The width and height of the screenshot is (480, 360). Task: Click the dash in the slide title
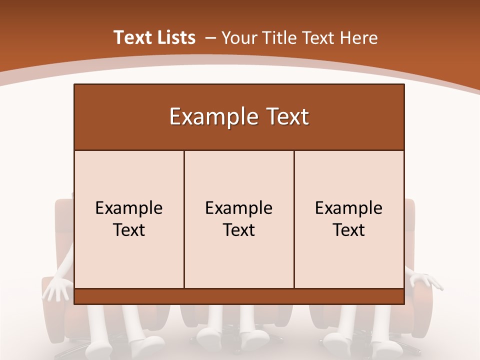click(x=210, y=38)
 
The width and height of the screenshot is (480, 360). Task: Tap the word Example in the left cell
click(x=129, y=208)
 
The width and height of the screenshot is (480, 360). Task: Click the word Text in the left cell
click(x=129, y=230)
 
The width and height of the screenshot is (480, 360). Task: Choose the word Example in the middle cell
click(x=239, y=208)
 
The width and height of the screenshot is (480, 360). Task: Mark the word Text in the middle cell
click(x=239, y=230)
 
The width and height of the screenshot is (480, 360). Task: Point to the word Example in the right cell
click(x=349, y=208)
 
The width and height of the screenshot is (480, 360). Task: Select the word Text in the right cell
click(x=349, y=230)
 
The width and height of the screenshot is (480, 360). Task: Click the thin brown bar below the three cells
click(x=239, y=296)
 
